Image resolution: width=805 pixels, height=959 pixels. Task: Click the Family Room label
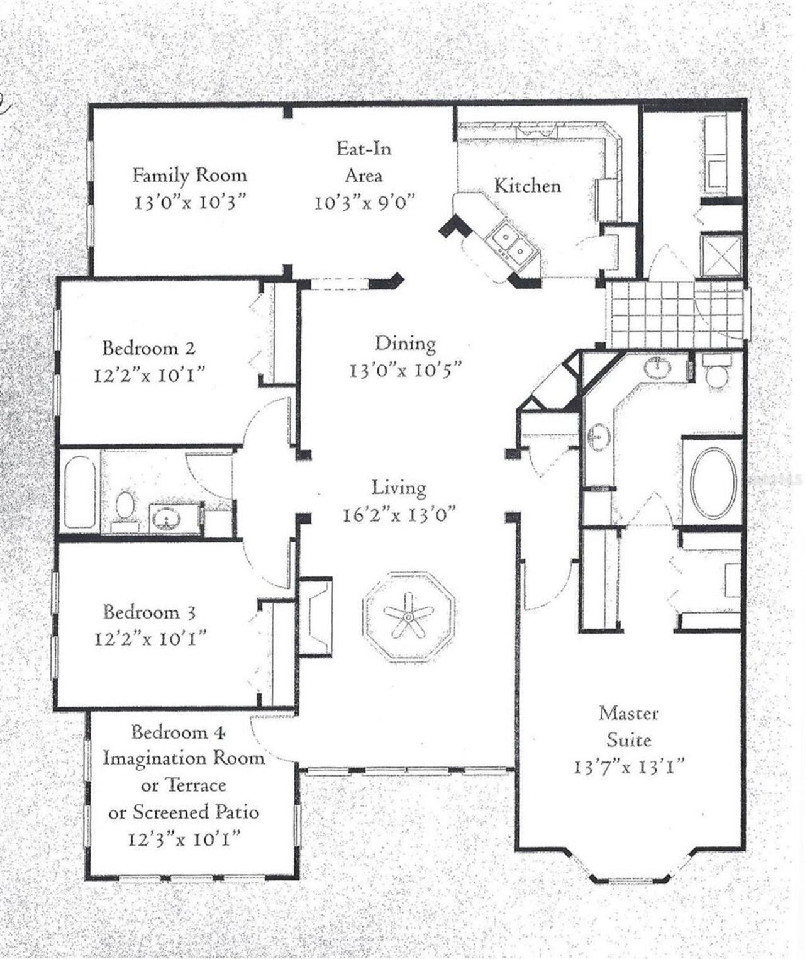189,175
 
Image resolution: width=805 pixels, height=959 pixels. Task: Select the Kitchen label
527,186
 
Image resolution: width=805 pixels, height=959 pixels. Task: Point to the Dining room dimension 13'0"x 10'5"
406,370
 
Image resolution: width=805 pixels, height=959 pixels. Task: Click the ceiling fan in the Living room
408,616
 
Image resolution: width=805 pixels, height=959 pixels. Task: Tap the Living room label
399,488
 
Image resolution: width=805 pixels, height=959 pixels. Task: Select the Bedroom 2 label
149,348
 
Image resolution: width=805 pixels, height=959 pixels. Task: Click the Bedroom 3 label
150,612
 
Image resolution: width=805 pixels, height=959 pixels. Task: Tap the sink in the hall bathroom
166,520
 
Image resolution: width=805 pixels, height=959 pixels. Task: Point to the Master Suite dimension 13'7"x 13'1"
628,767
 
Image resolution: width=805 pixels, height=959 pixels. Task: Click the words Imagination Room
184,758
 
